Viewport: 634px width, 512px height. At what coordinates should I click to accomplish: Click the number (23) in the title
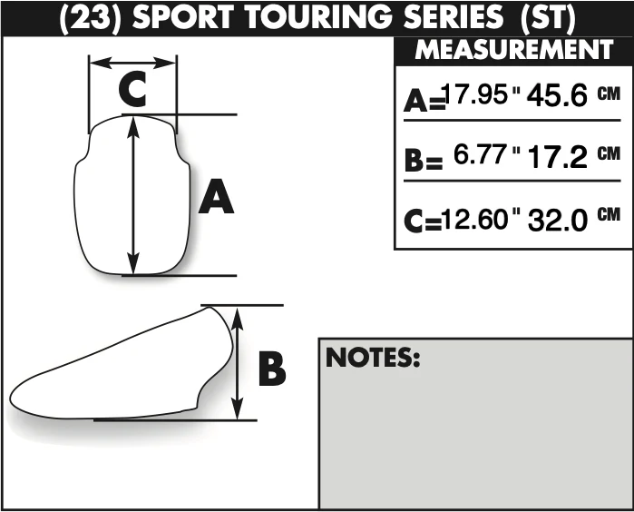click(91, 18)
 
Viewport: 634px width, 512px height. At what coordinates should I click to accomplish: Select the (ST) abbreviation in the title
click(548, 18)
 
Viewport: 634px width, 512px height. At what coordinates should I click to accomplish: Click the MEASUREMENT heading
click(514, 49)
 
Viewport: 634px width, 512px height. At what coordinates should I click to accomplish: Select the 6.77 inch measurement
click(480, 154)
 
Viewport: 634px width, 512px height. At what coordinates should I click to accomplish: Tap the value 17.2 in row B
click(557, 157)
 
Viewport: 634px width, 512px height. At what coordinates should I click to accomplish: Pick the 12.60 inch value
click(473, 219)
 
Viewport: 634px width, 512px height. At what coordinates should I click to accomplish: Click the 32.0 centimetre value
click(557, 220)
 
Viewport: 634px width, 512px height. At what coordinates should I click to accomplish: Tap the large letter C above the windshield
click(132, 89)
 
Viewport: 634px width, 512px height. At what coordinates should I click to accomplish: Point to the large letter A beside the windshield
click(216, 196)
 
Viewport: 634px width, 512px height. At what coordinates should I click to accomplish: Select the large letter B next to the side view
click(272, 369)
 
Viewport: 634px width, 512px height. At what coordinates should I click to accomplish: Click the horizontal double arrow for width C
click(132, 63)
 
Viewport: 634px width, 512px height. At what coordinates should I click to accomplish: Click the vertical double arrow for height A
click(133, 195)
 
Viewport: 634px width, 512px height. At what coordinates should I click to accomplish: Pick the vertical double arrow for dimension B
click(239, 363)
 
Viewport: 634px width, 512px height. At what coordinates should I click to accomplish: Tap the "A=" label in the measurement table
click(424, 101)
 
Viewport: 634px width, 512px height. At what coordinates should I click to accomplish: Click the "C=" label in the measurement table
click(423, 221)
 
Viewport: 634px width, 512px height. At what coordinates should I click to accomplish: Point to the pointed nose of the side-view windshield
click(11, 398)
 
